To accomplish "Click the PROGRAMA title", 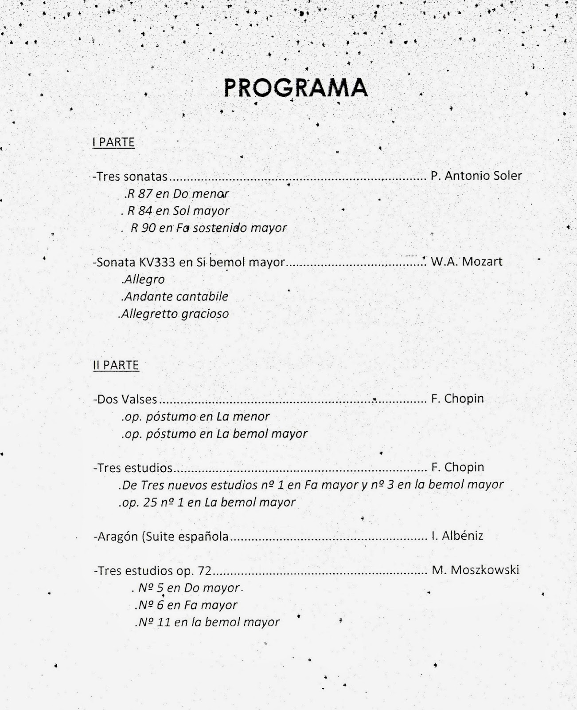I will point(296,88).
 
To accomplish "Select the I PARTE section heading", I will point(113,142).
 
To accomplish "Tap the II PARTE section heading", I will point(116,365).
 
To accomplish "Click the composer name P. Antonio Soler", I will point(476,176).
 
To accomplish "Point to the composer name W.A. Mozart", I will point(466,261).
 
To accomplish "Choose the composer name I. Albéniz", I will point(457,536).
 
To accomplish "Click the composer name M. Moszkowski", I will point(475,570).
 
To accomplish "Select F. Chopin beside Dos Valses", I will point(457,398).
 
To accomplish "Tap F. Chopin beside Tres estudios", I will point(457,467).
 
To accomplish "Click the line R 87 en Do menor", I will point(177,193).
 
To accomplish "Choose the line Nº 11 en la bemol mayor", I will point(207,622).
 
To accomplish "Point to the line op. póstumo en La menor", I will point(196,417).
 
